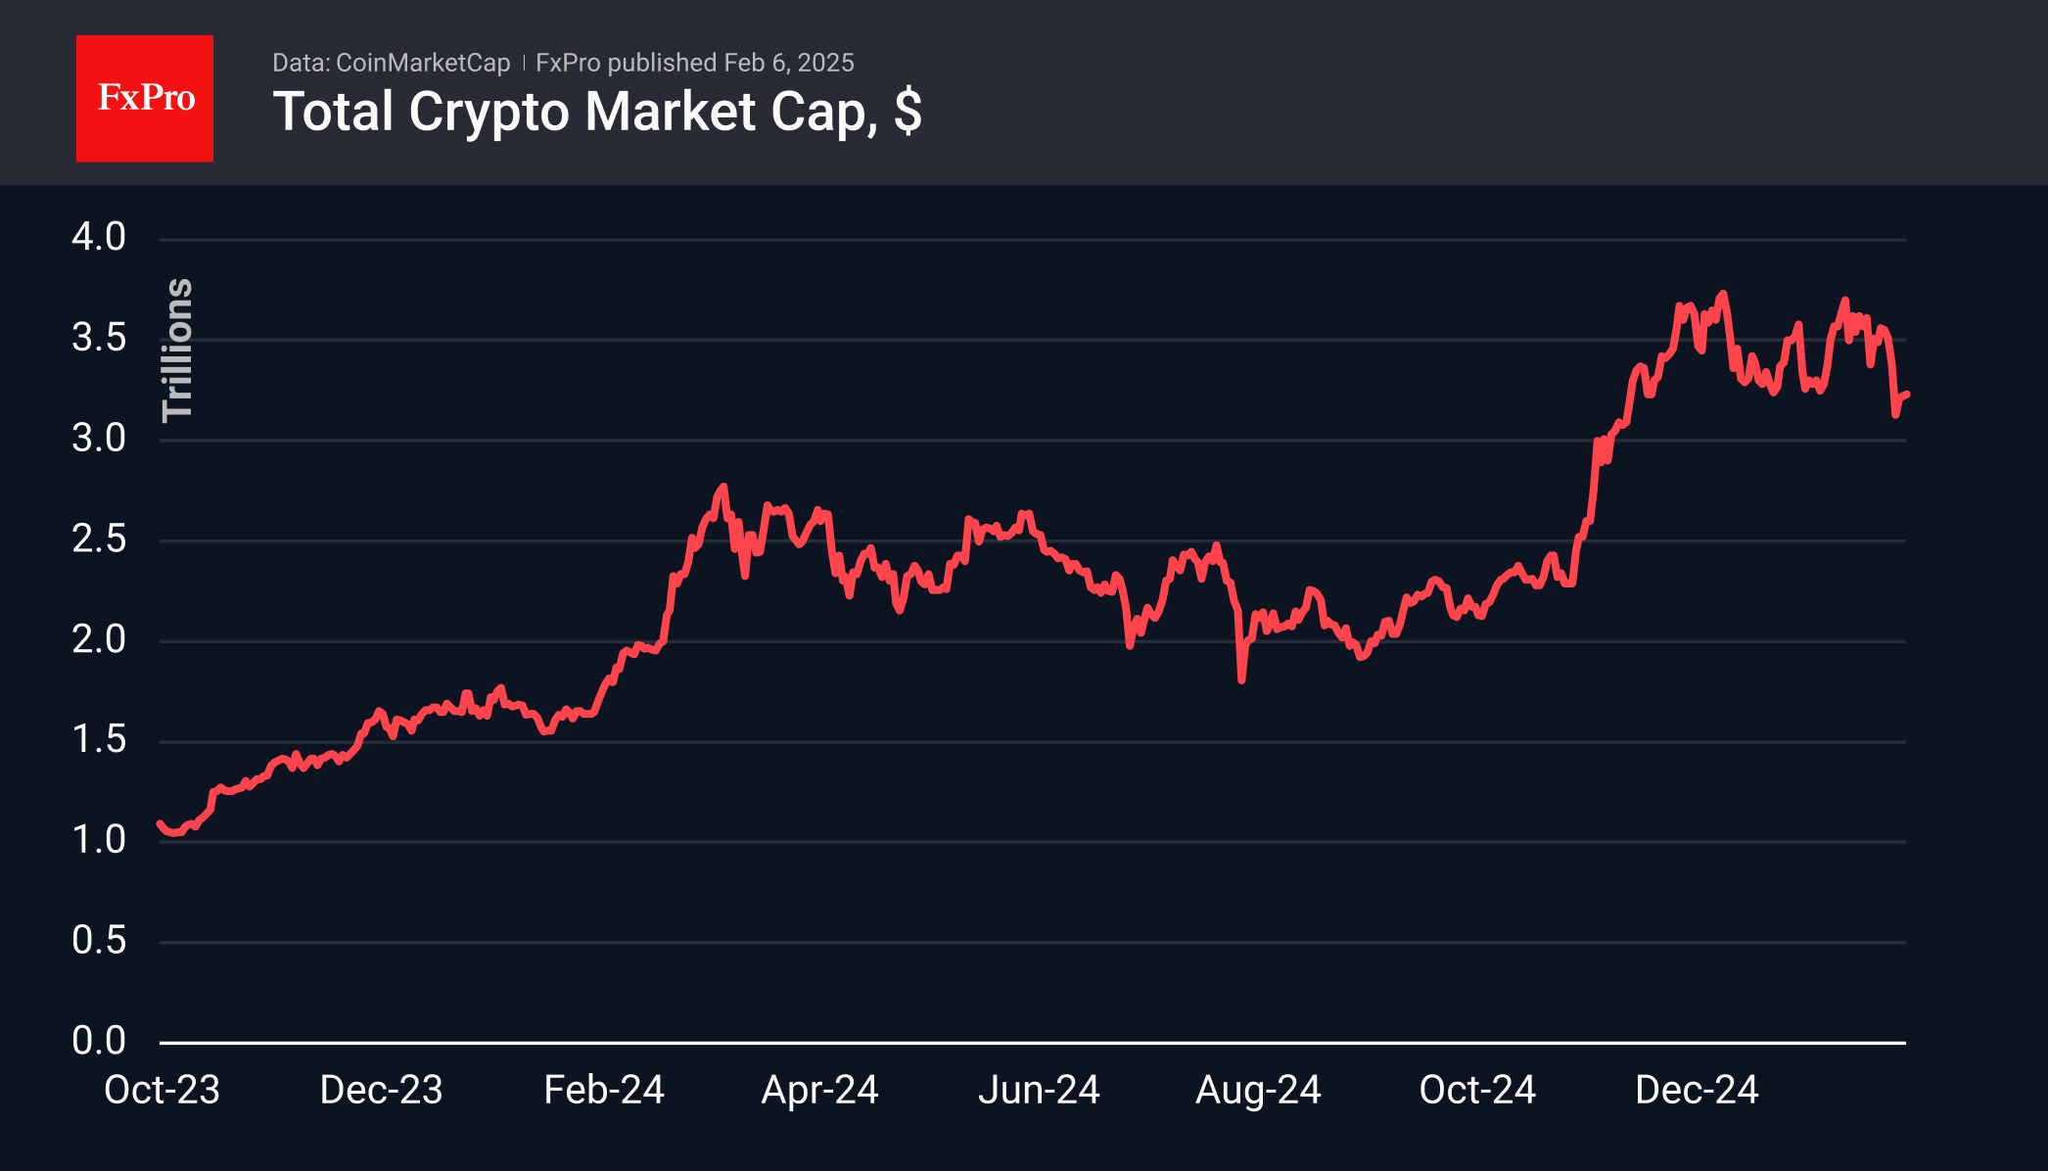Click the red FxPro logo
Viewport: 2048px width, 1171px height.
pyautogui.click(x=145, y=98)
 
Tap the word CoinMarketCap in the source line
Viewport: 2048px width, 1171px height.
pyautogui.click(x=422, y=63)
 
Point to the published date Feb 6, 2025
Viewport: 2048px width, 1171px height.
pyautogui.click(x=788, y=63)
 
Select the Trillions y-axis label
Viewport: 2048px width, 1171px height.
pyautogui.click(x=177, y=350)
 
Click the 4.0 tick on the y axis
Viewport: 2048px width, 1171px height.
pyautogui.click(x=99, y=237)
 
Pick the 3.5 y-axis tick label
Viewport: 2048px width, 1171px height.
pyautogui.click(x=99, y=338)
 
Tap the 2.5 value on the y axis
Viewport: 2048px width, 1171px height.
pyautogui.click(x=99, y=539)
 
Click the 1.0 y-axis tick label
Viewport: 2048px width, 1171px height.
pyautogui.click(x=99, y=839)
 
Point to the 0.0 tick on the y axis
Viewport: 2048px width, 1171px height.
pyautogui.click(x=99, y=1040)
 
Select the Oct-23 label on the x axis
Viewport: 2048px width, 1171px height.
pyautogui.click(x=162, y=1090)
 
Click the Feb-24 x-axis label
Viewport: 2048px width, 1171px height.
pyautogui.click(x=604, y=1090)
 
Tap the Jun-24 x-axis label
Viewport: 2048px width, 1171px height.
pyautogui.click(x=1039, y=1090)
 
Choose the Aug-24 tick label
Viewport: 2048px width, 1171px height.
pyautogui.click(x=1258, y=1090)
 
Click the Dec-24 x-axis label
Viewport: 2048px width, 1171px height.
pyautogui.click(x=1697, y=1090)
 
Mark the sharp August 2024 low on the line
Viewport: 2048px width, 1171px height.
pyautogui.click(x=1241, y=679)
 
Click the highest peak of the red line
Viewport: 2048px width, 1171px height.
pyautogui.click(x=1723, y=294)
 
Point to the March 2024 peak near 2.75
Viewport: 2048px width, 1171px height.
pyautogui.click(x=723, y=487)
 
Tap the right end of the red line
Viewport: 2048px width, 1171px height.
pyautogui.click(x=1906, y=395)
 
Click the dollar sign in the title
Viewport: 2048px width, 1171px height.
pyautogui.click(x=908, y=112)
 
